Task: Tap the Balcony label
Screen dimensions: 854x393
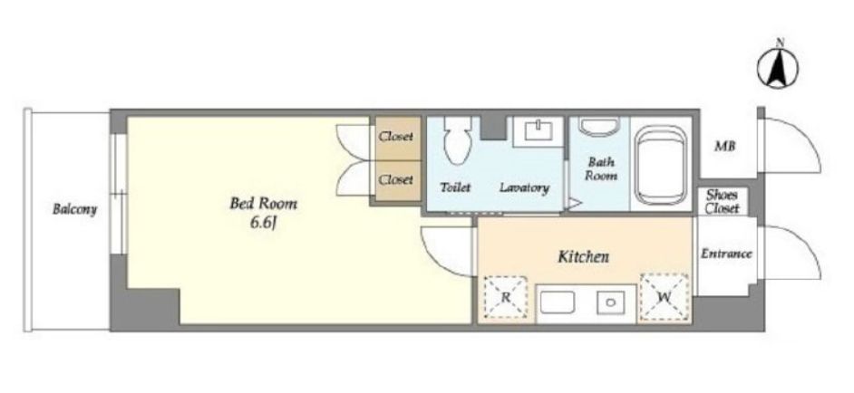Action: click(x=74, y=209)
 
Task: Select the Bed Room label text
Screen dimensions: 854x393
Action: click(x=264, y=204)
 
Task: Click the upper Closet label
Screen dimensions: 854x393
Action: click(x=396, y=137)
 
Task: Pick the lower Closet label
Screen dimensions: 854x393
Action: click(x=396, y=179)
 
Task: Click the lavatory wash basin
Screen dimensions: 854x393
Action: click(x=539, y=130)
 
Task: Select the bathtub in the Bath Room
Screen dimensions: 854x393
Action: click(x=661, y=165)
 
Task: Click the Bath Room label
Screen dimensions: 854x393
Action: click(x=601, y=168)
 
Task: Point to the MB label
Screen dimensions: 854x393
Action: click(x=725, y=147)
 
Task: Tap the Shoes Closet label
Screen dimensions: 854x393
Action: click(x=723, y=201)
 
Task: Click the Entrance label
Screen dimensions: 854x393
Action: click(x=726, y=254)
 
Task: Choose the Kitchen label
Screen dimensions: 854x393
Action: click(x=583, y=256)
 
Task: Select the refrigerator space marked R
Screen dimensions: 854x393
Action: click(x=506, y=297)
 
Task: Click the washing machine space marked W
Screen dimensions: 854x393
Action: click(x=664, y=296)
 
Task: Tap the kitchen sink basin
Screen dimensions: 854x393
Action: click(x=557, y=302)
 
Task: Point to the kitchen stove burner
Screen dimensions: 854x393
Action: click(x=610, y=302)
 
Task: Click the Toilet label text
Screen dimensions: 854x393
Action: click(x=455, y=187)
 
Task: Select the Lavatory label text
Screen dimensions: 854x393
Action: click(x=525, y=188)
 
